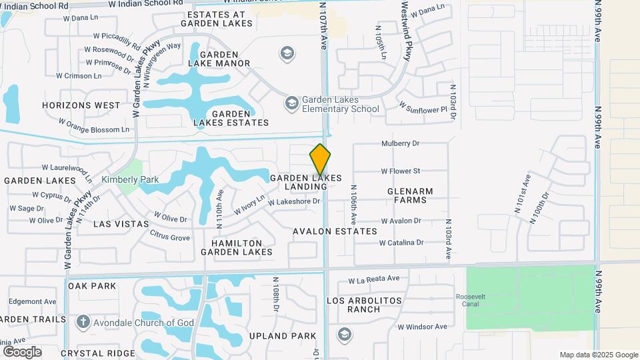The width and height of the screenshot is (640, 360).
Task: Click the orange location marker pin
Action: pyautogui.click(x=320, y=159)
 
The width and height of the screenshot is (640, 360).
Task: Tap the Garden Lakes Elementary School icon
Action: pyautogui.click(x=291, y=103)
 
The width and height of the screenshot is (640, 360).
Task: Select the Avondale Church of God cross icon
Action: pyautogui.click(x=83, y=323)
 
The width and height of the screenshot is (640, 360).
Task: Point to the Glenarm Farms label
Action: pyautogui.click(x=410, y=195)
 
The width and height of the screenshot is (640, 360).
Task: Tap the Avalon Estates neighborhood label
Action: pyautogui.click(x=335, y=231)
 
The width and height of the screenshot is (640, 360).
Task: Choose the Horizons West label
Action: pyautogui.click(x=81, y=105)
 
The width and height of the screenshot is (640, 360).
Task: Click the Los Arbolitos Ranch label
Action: pyautogui.click(x=365, y=305)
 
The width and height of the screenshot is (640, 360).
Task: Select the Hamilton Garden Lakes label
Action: pyautogui.click(x=238, y=247)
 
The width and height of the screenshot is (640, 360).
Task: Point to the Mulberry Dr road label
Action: pyautogui.click(x=400, y=143)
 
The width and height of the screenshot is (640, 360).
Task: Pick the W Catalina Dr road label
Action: pyautogui.click(x=401, y=243)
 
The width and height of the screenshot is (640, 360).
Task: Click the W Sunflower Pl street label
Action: pyautogui.click(x=422, y=107)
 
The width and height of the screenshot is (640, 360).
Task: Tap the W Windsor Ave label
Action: pyautogui.click(x=422, y=327)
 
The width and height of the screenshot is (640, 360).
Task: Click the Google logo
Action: pyautogui.click(x=21, y=351)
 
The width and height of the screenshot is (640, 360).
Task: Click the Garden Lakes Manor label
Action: pyautogui.click(x=219, y=59)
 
